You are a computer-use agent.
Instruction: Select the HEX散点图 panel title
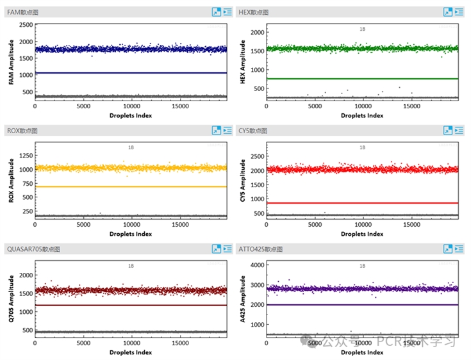(x=252, y=12)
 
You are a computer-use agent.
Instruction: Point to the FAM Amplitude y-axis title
(x=11, y=62)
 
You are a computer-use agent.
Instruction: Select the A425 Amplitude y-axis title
(x=243, y=300)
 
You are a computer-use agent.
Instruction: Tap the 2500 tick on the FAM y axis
(x=26, y=25)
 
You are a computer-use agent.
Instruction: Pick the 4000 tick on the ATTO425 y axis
(x=257, y=265)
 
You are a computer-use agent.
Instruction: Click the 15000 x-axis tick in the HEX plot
(x=411, y=106)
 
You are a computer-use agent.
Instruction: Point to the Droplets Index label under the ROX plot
(x=131, y=233)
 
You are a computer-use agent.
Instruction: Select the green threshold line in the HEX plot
(x=362, y=79)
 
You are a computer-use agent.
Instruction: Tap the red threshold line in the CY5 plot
(x=362, y=203)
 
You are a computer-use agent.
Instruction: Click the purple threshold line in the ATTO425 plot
(x=362, y=305)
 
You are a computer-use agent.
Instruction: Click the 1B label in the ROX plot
(x=131, y=147)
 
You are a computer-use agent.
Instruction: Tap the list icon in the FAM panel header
(x=227, y=12)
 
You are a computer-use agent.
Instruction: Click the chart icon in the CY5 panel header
(x=448, y=130)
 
